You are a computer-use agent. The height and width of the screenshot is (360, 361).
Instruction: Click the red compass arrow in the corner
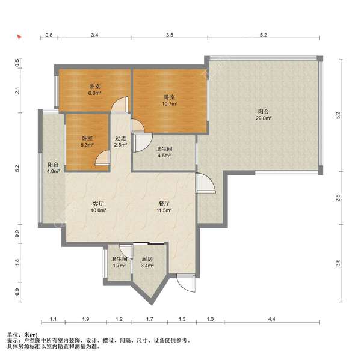(x=19, y=37)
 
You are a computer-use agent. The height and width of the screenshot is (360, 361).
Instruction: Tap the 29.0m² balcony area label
(x=264, y=115)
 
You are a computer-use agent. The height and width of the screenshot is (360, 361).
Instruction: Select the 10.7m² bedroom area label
(x=170, y=100)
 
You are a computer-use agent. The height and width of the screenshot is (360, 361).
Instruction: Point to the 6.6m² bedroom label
(x=95, y=90)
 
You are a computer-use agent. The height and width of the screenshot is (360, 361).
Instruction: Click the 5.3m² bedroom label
(x=87, y=141)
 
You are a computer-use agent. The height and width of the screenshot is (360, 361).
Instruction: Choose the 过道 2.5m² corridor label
(x=121, y=141)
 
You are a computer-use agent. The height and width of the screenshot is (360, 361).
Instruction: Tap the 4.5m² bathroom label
(x=164, y=152)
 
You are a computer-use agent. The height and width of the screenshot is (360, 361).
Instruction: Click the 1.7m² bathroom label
(x=119, y=262)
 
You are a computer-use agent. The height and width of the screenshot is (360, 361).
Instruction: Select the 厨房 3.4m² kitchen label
(x=147, y=262)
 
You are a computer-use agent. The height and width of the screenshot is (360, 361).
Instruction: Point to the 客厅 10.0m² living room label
(x=98, y=207)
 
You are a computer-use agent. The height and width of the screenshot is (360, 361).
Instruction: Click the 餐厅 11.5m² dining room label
(x=164, y=207)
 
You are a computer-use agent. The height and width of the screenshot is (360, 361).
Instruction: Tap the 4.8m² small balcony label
(x=53, y=168)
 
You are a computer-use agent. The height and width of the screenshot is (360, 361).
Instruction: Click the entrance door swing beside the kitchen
(x=187, y=284)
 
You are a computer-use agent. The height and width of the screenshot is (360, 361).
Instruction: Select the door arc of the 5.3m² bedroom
(x=103, y=158)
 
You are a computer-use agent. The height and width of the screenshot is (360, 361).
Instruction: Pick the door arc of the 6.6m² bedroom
(x=120, y=105)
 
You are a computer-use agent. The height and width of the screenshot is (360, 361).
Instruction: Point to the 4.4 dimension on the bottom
(x=272, y=319)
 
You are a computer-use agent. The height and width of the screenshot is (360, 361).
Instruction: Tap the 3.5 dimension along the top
(x=170, y=35)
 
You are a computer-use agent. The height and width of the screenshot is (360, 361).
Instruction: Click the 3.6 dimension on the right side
(x=338, y=263)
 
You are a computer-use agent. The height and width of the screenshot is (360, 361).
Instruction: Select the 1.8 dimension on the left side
(x=17, y=263)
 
